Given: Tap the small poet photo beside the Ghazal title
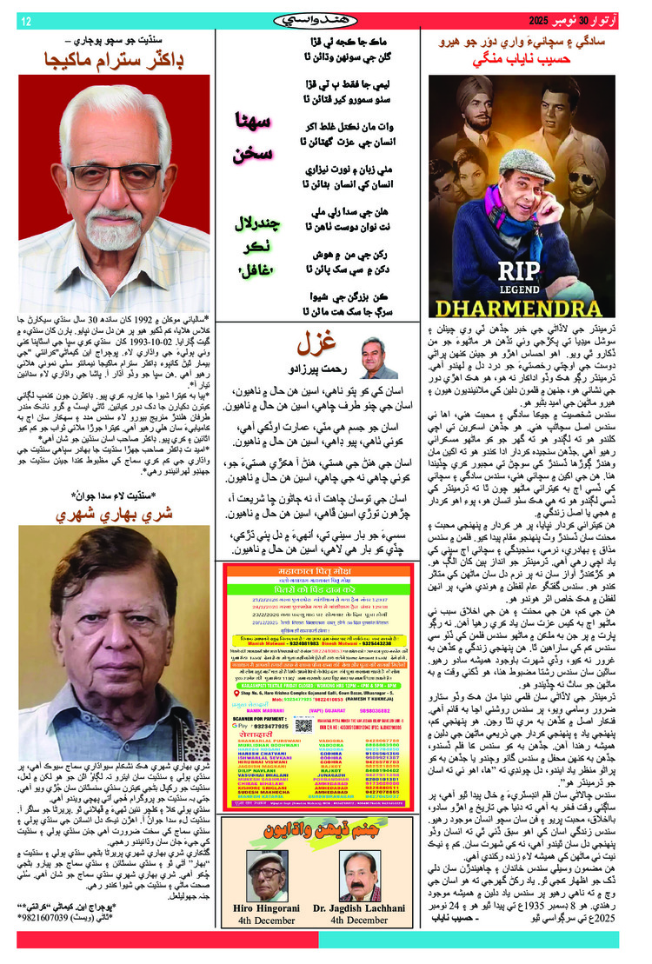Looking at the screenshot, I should coord(378,357).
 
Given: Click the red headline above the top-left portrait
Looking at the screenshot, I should coord(116,60).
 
